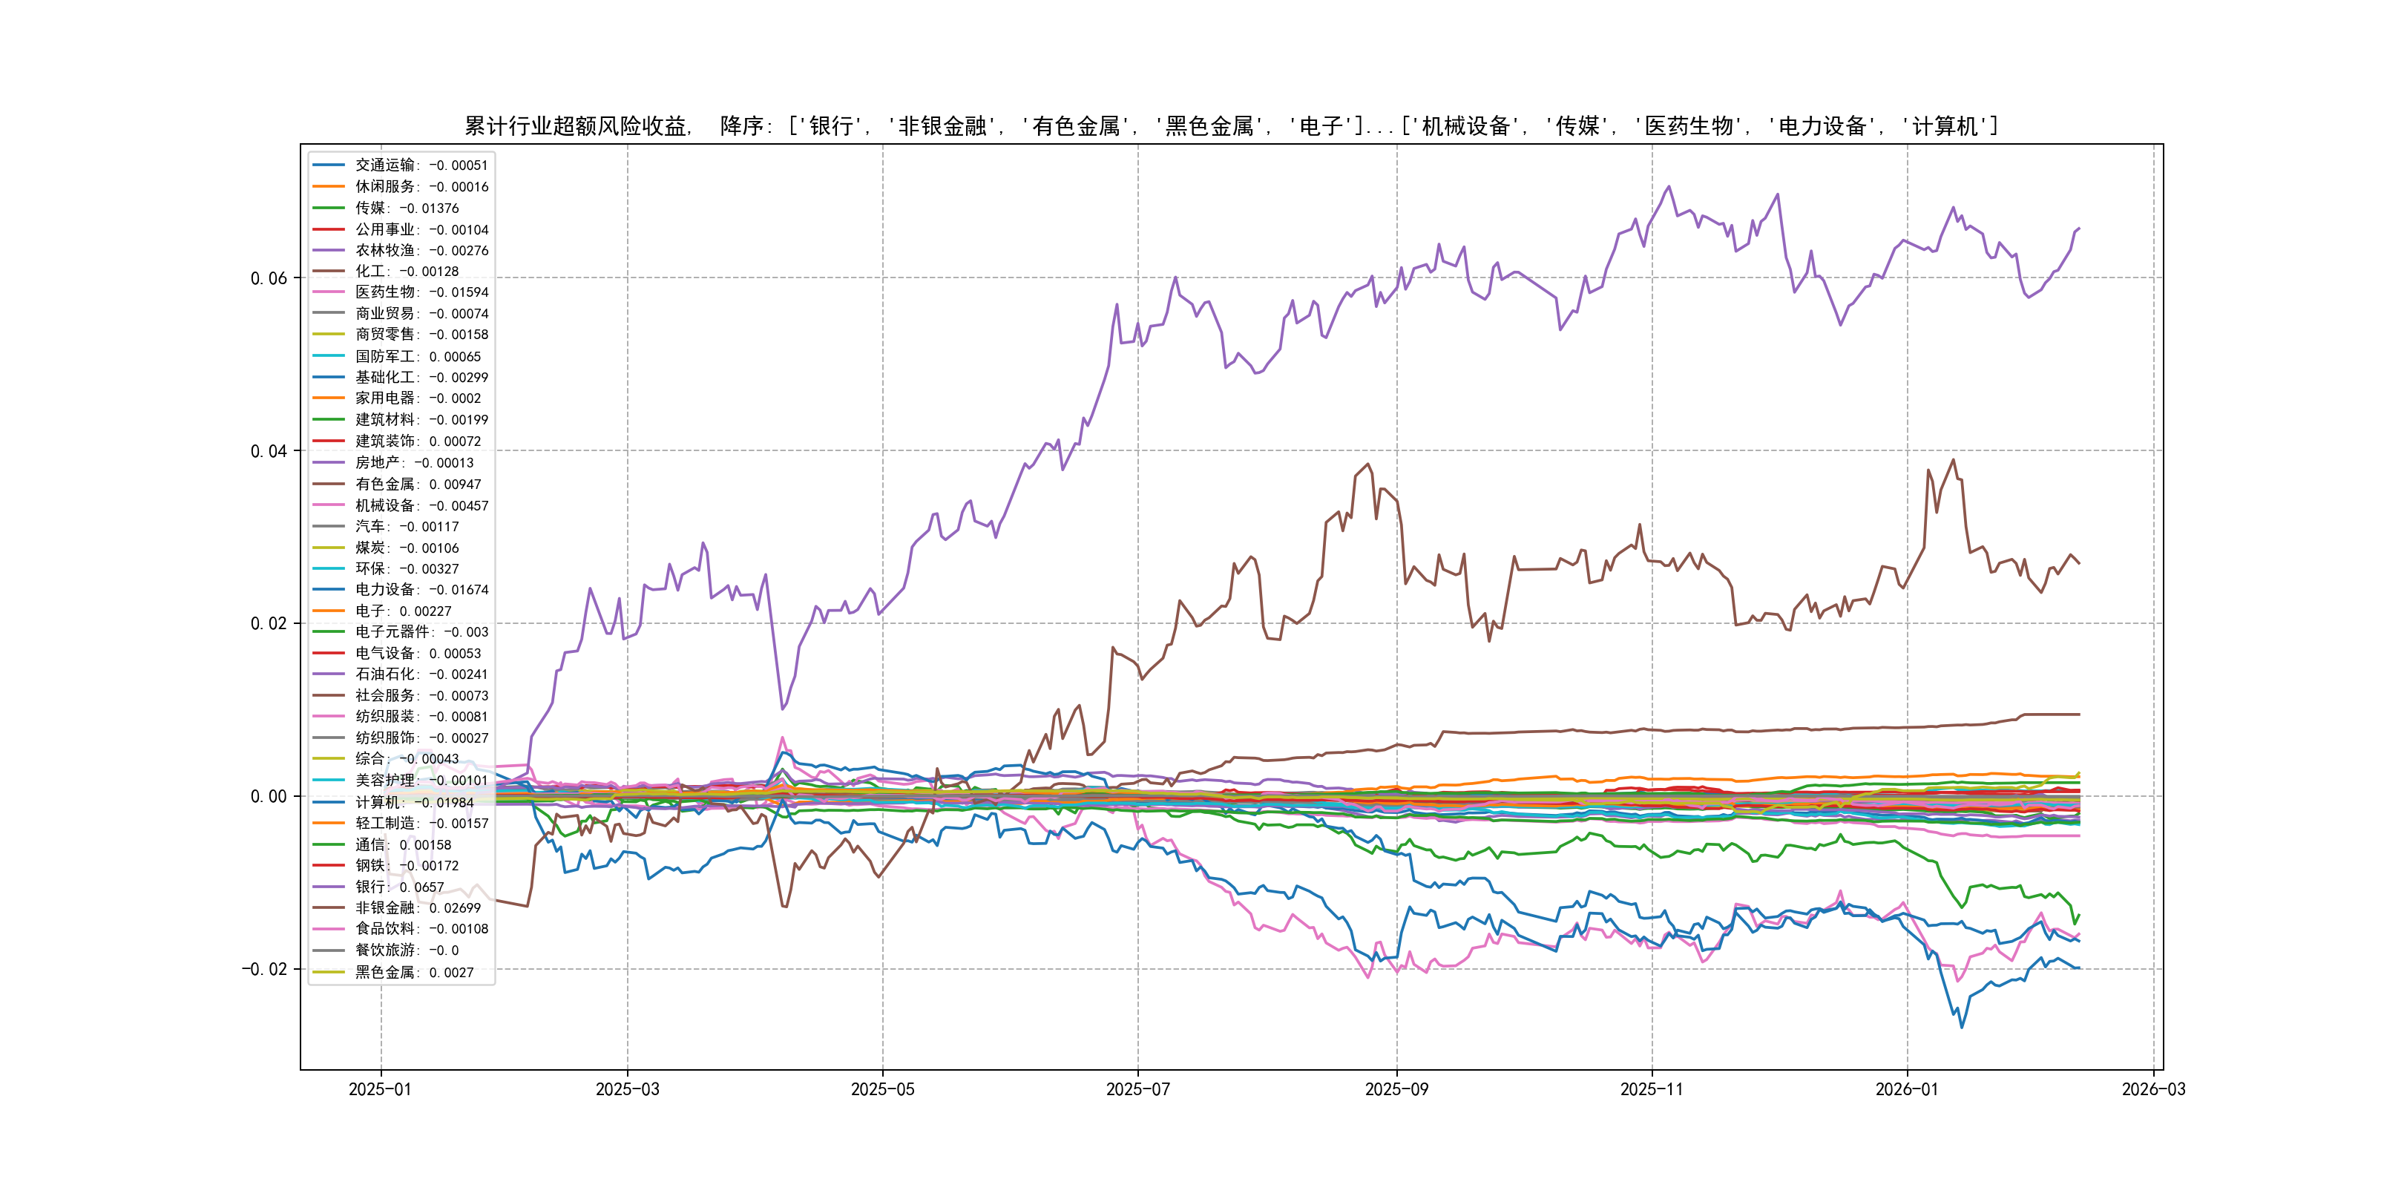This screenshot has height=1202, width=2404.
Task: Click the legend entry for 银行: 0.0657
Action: coord(398,887)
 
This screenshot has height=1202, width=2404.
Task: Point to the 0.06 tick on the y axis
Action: coord(269,278)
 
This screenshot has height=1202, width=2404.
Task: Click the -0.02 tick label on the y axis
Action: coord(264,969)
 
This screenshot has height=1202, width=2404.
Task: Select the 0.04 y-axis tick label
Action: coord(269,451)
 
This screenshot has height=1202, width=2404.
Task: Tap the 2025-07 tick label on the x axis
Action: coord(1137,1089)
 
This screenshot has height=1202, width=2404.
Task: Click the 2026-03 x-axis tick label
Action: coord(2153,1089)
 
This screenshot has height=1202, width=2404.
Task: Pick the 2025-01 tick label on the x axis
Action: coord(380,1089)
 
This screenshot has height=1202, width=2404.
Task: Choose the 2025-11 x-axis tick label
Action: coord(1652,1089)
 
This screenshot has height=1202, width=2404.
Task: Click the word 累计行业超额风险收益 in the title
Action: coord(576,126)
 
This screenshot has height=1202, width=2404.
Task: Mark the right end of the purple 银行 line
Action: coord(2079,228)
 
